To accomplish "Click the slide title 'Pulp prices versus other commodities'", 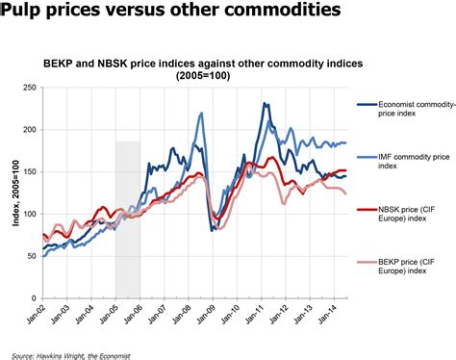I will tap(171, 12).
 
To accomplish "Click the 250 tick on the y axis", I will tap(30, 88).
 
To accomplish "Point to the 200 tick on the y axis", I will tap(30, 129).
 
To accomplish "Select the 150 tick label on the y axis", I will tap(30, 171).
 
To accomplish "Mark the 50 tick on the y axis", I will tap(32, 255).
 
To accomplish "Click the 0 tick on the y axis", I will tap(35, 296).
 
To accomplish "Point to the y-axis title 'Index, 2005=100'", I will tap(13, 193).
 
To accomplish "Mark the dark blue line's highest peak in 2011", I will tap(264, 104).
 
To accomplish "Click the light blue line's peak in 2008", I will tap(201, 114).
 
